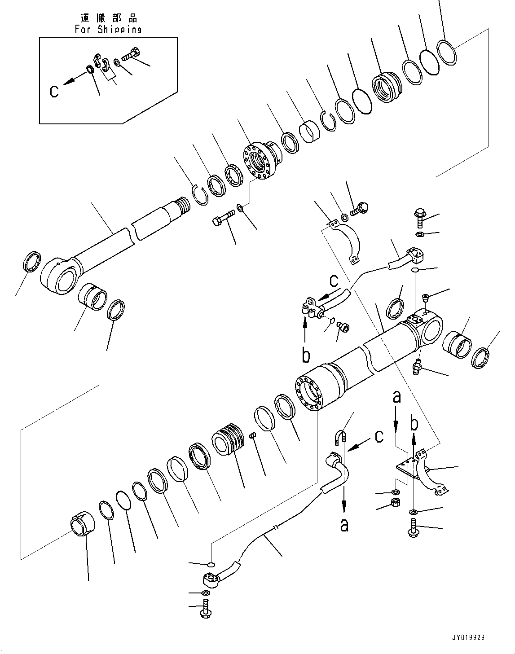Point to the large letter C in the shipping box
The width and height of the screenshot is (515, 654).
point(54,92)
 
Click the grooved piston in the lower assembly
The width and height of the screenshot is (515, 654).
point(229,439)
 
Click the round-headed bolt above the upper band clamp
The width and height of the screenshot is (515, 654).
point(361,208)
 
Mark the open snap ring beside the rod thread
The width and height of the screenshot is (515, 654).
point(199,195)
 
